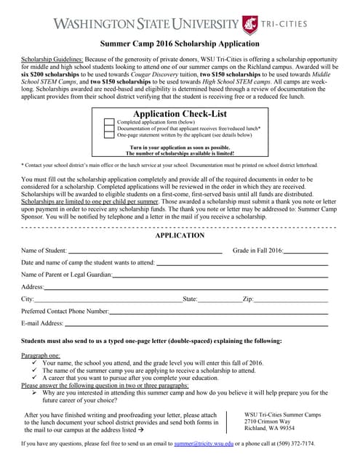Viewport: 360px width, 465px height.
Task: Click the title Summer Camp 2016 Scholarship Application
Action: [180, 44]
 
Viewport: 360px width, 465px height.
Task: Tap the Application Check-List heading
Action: [180, 114]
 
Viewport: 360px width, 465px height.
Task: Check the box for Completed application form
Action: [110, 123]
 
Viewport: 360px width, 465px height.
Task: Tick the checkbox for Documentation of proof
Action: [110, 129]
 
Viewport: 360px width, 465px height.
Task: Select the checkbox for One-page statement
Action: [110, 135]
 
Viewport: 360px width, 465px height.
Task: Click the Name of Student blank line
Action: [145, 251]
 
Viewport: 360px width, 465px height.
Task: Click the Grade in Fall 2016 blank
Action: [305, 251]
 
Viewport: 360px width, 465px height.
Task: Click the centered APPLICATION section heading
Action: [180, 235]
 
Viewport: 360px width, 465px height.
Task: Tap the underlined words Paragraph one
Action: [41, 355]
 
